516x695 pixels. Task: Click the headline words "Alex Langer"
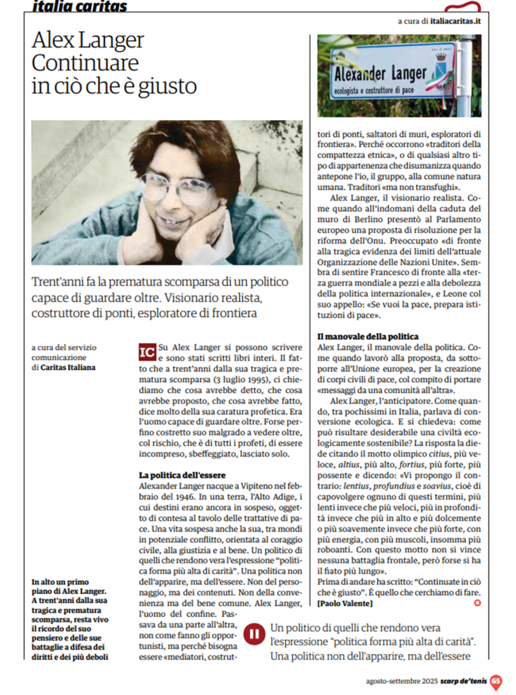pyautogui.click(x=88, y=40)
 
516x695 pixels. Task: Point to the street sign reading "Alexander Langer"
pyautogui.click(x=384, y=71)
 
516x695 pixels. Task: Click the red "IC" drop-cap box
pyautogui.click(x=146, y=352)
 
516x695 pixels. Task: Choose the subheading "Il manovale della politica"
pyautogui.click(x=367, y=336)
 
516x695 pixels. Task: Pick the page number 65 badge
pyautogui.click(x=496, y=681)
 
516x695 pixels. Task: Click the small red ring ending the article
pyautogui.click(x=477, y=603)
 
